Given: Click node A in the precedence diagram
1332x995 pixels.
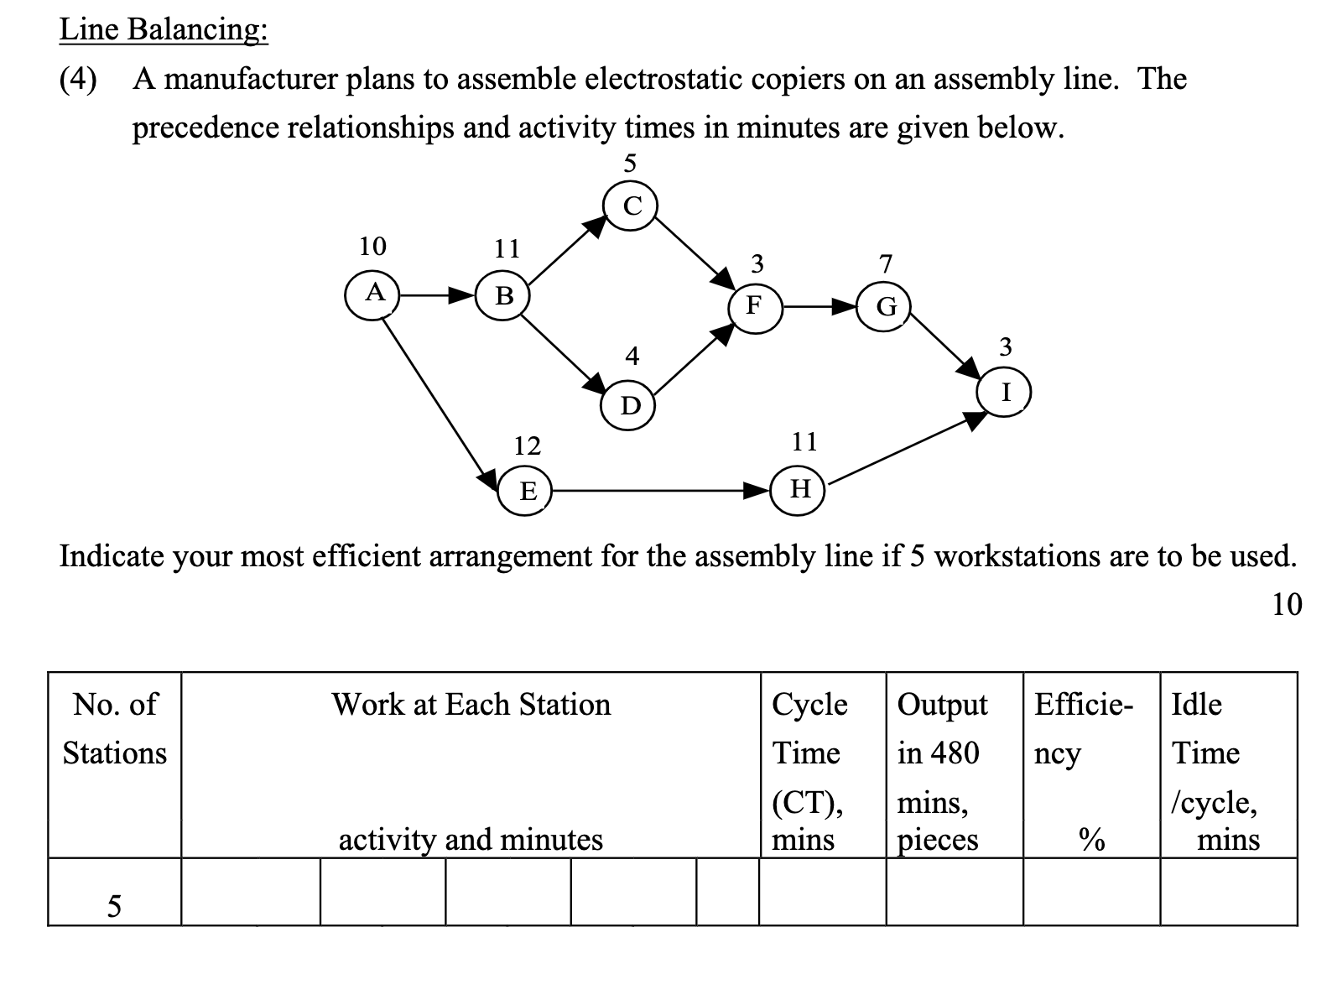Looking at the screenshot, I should pyautogui.click(x=373, y=294).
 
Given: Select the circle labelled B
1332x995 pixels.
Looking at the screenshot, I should pyautogui.click(x=503, y=296).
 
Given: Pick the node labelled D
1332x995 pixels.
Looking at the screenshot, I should pyautogui.click(x=630, y=406).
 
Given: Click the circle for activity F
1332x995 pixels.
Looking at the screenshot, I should pyautogui.click(x=755, y=306).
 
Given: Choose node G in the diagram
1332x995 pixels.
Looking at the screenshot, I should pyautogui.click(x=885, y=306).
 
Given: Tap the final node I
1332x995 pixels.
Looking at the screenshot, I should pyautogui.click(x=1005, y=392).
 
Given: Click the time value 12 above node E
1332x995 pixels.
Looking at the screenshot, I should pyautogui.click(x=527, y=445).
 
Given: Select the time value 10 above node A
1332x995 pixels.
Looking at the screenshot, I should pyautogui.click(x=372, y=247).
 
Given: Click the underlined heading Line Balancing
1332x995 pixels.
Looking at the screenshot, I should pyautogui.click(x=164, y=29).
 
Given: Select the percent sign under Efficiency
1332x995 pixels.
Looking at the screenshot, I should pyautogui.click(x=1090, y=838).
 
